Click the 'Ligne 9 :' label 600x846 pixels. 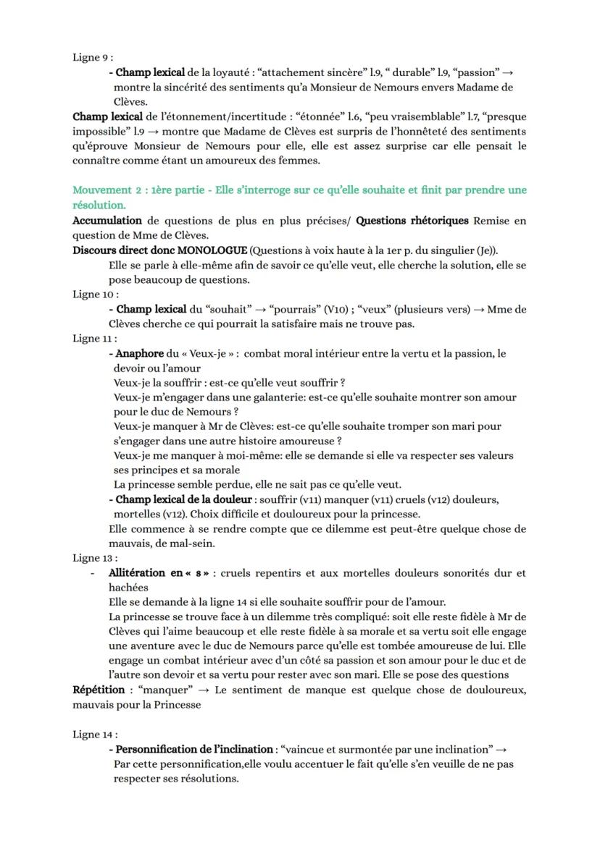pos(92,58)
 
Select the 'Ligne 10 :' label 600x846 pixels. pos(95,295)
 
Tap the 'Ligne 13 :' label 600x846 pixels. pos(95,558)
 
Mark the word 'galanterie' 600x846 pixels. pos(281,397)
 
